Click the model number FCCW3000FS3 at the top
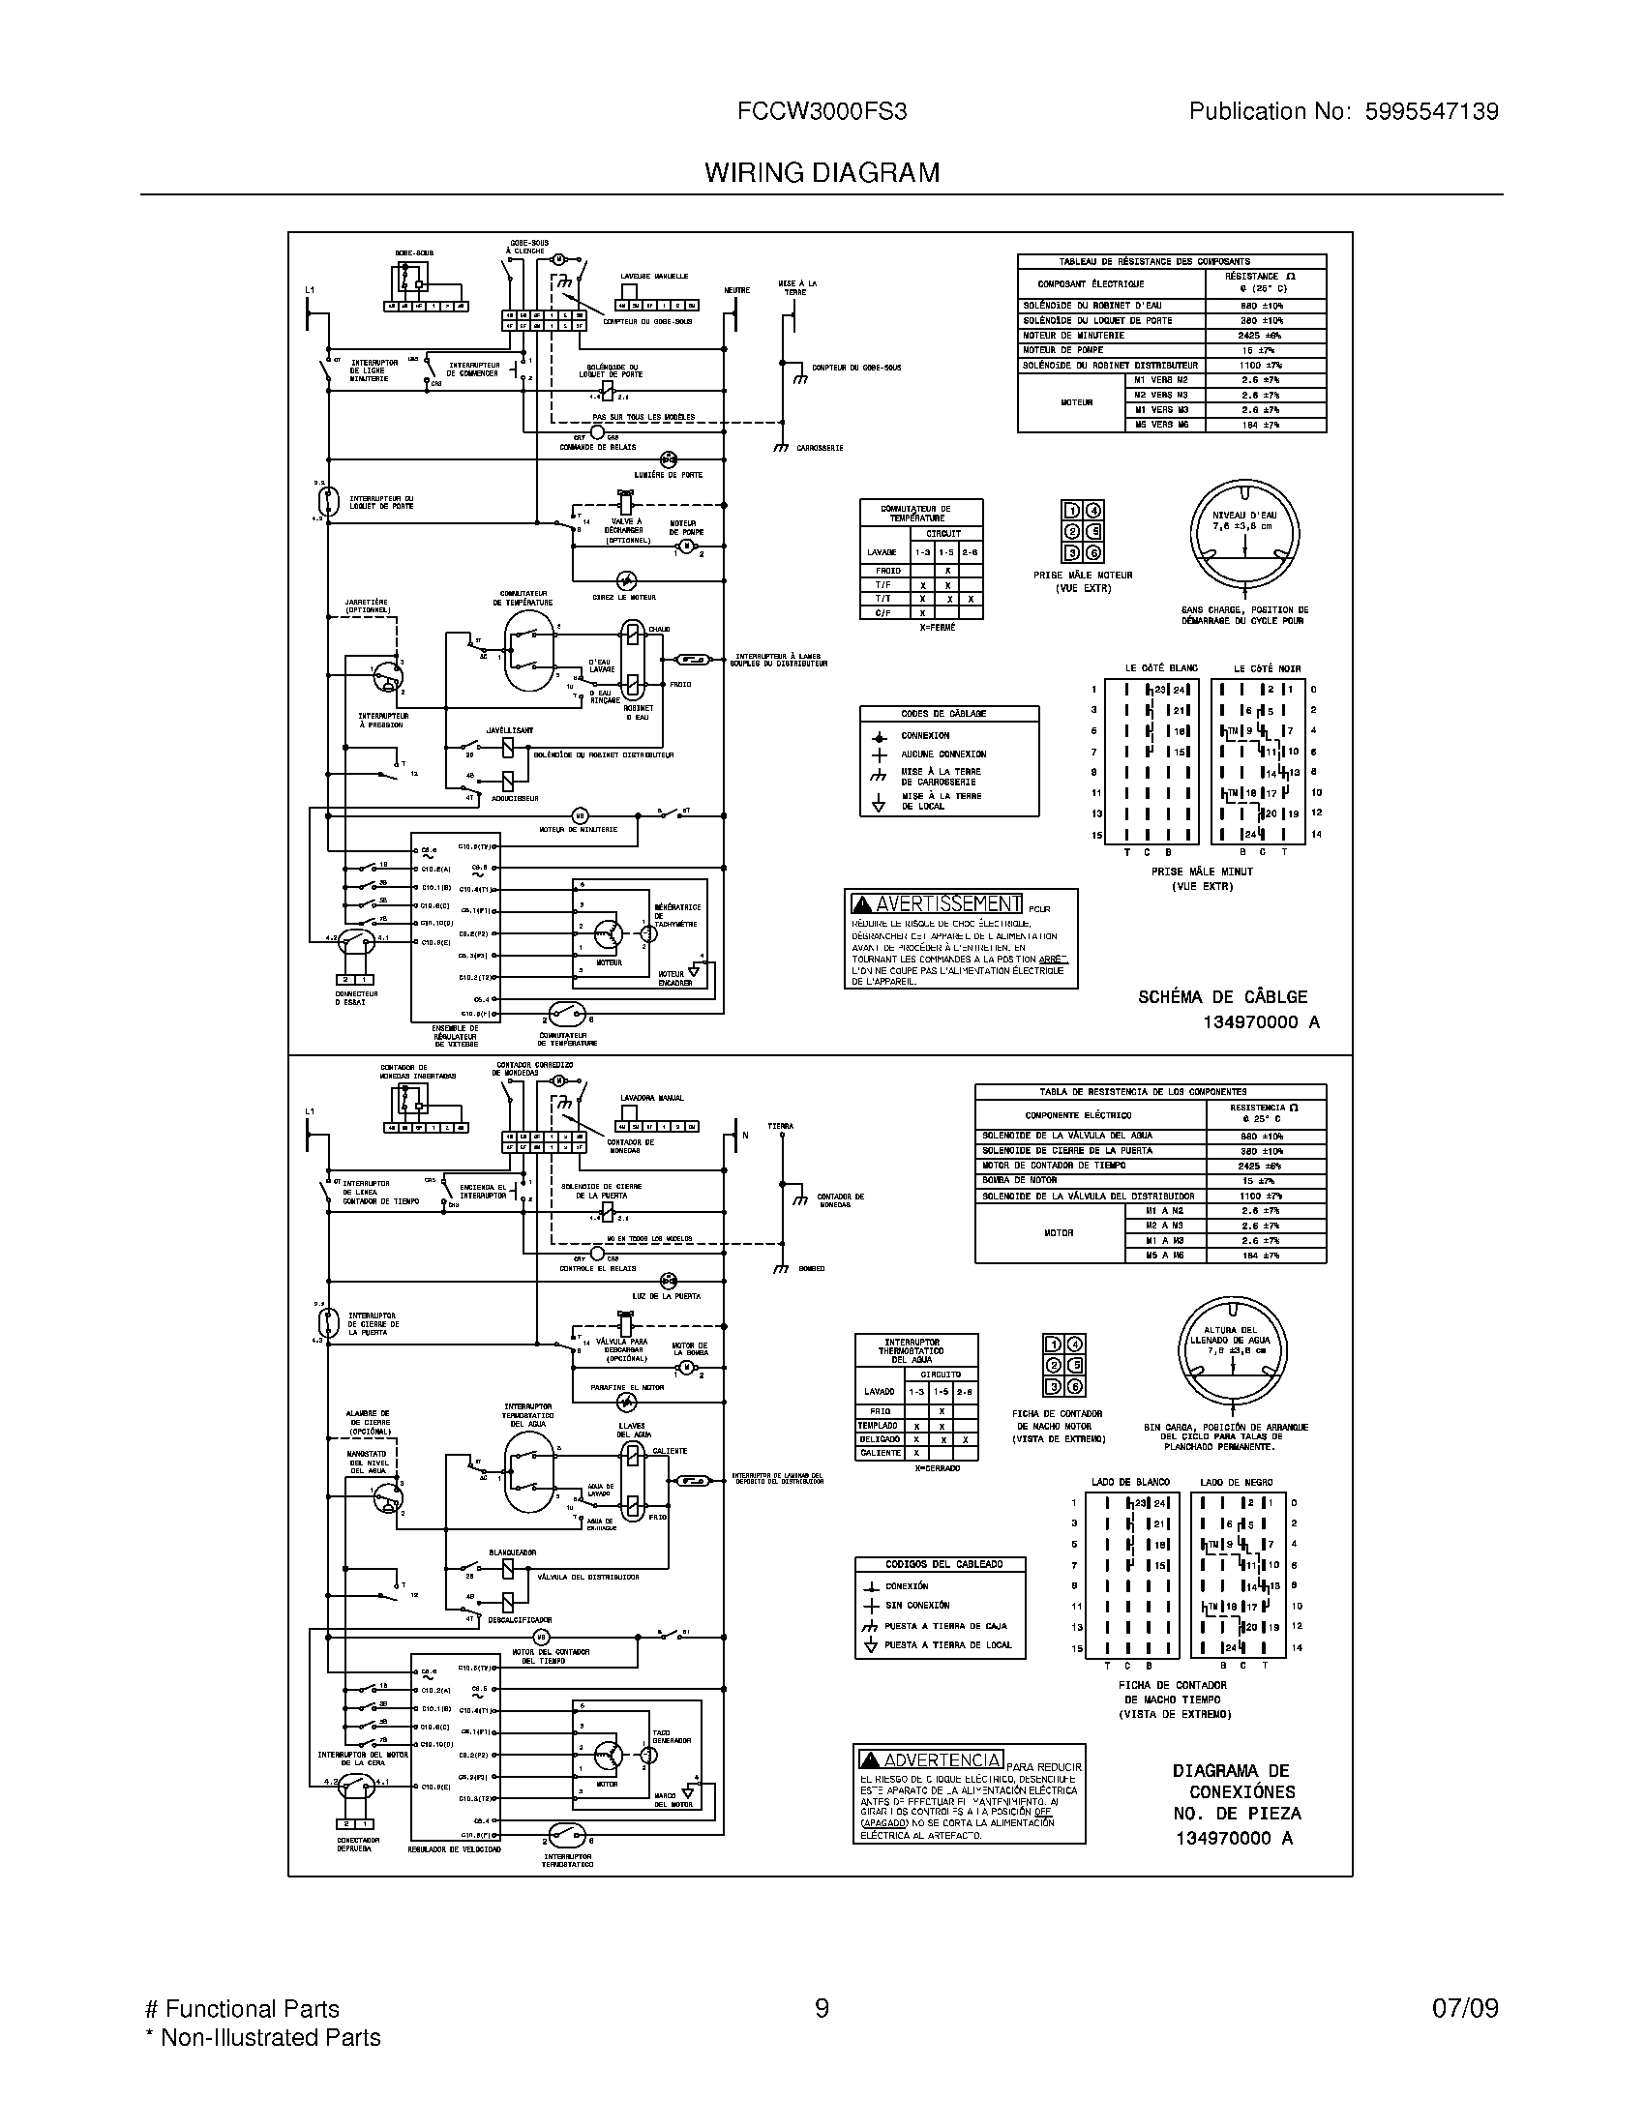coord(822,112)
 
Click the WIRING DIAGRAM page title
coord(822,172)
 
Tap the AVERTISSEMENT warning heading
coord(938,903)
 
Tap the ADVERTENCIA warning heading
coord(931,1759)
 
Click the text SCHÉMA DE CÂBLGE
coord(1222,996)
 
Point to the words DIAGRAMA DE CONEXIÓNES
coord(1236,1781)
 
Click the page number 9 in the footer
coord(822,2009)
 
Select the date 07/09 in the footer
coord(1465,2009)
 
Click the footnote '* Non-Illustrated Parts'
coord(262,2037)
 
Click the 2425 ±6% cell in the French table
coord(1260,336)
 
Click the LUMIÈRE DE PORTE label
coord(668,475)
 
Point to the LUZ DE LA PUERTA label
coord(666,1296)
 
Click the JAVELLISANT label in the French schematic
coord(510,729)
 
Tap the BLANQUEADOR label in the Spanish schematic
coord(512,1552)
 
